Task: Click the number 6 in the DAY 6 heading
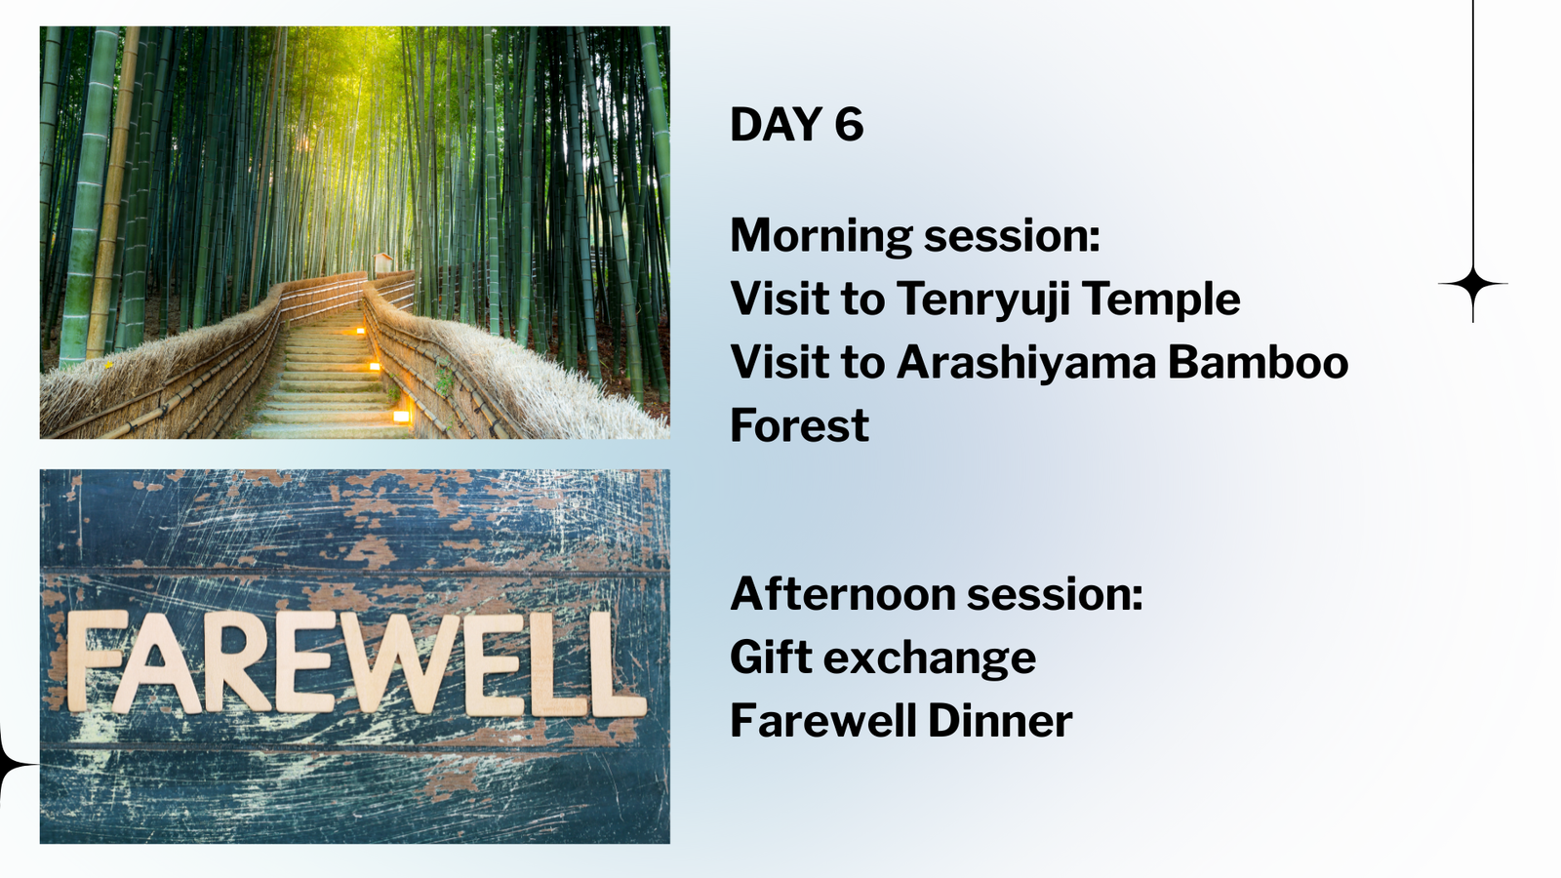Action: pos(849,124)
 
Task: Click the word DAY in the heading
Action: pos(776,124)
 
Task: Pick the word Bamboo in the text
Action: pos(1258,362)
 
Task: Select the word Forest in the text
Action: pos(799,425)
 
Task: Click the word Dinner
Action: pos(1000,721)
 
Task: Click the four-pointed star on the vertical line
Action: pos(1472,284)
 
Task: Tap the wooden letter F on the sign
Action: pos(97,660)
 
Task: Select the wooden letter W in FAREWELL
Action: pos(399,663)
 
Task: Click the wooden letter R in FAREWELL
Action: pos(237,662)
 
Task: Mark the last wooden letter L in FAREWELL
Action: pos(618,664)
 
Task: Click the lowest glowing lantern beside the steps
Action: pos(401,417)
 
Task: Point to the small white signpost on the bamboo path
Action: pos(382,264)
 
